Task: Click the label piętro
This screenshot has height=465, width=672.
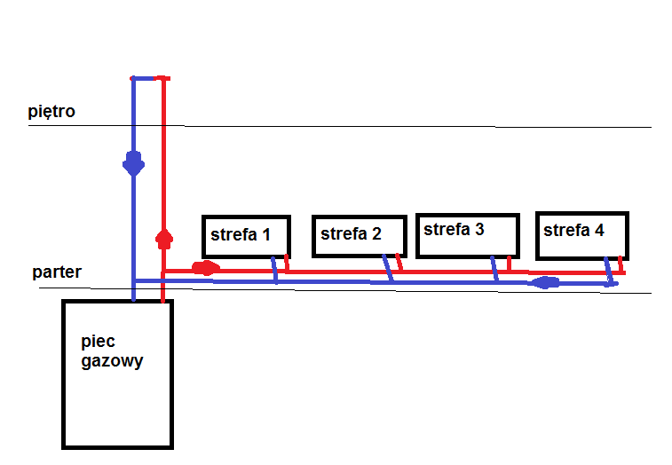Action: (x=51, y=112)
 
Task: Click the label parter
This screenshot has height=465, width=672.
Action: (x=57, y=272)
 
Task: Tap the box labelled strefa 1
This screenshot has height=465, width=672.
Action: (x=246, y=236)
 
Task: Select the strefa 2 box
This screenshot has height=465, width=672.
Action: (x=359, y=235)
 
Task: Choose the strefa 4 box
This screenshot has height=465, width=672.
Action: (x=581, y=235)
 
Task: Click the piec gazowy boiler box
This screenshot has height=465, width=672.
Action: (x=117, y=373)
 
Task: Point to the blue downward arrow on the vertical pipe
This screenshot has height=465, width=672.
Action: (x=133, y=165)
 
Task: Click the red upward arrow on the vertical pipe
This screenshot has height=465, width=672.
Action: (x=164, y=238)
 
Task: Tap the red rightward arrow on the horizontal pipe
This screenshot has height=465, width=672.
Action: (x=206, y=268)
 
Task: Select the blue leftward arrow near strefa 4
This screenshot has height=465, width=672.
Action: (x=545, y=283)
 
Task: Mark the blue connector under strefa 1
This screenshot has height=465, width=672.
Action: (x=275, y=270)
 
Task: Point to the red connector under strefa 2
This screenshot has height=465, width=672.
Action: (x=399, y=264)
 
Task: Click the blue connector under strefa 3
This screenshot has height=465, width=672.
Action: (x=494, y=270)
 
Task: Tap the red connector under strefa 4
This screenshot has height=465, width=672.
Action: (x=621, y=266)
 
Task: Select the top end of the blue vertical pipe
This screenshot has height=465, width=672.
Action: (x=133, y=79)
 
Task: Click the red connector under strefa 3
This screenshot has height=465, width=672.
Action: (x=509, y=264)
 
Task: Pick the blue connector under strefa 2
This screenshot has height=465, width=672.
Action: (x=389, y=270)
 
